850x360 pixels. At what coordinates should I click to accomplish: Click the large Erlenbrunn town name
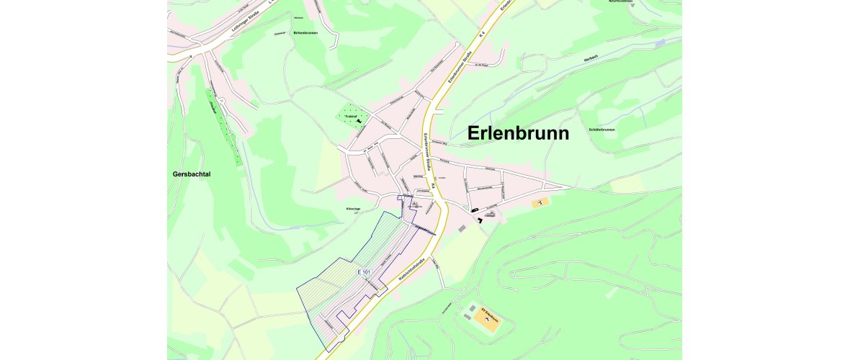pos(518,134)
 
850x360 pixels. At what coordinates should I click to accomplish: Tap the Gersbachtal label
pos(196,174)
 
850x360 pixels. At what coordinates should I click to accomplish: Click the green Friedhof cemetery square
pos(354,116)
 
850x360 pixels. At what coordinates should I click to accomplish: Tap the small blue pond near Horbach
pos(660,43)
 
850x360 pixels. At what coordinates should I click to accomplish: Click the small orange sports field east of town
pos(540,204)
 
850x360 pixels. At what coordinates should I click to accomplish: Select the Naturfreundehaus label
pos(620,1)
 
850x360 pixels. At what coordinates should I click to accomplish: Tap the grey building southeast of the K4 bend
pos(462,228)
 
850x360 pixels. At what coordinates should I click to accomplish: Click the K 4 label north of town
pos(483,35)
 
